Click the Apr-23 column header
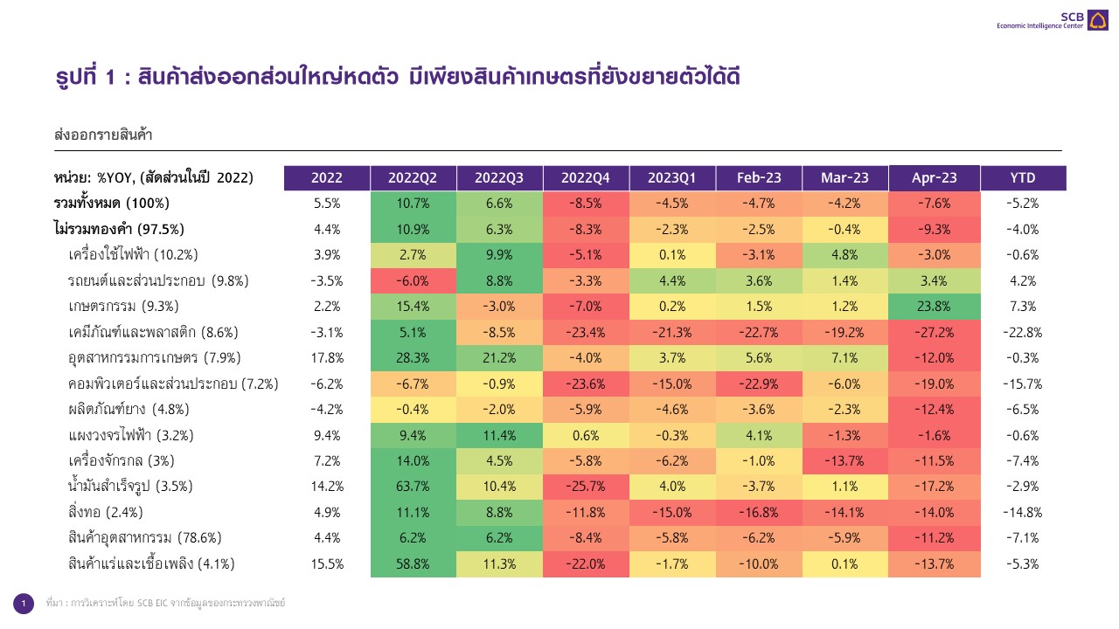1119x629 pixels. coord(934,177)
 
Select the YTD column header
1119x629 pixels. coord(1022,177)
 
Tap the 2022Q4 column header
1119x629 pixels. coord(585,177)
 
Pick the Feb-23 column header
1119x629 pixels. coord(758,177)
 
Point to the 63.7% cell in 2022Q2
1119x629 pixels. coord(413,486)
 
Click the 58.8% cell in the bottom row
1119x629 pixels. coord(413,563)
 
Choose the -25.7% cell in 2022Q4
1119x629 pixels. coord(585,486)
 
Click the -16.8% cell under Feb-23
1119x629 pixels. coord(758,512)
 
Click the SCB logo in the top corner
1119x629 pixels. coord(1096,19)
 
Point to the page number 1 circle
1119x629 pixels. coord(24,604)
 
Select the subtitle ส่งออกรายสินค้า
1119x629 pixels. coord(103,135)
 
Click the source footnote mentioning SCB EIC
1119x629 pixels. coord(165,604)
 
